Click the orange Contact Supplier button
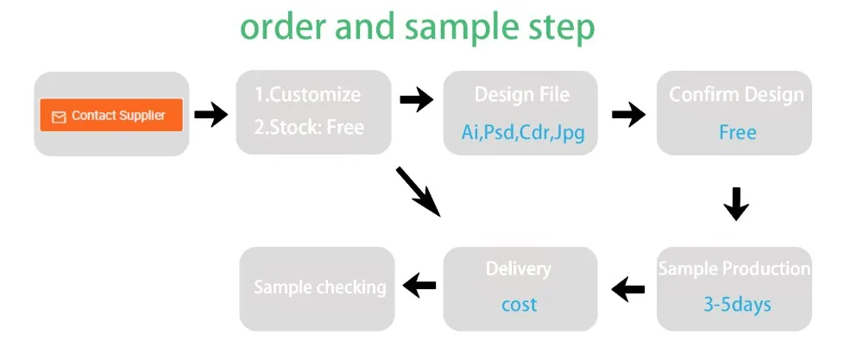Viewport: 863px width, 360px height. [111, 115]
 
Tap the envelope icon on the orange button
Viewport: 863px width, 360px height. [59, 117]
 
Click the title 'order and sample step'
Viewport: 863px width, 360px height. [418, 27]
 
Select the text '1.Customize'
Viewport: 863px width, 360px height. [307, 94]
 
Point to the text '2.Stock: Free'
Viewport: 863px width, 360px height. [309, 127]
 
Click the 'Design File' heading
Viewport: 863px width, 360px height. [522, 94]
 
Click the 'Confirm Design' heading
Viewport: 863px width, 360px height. [736, 94]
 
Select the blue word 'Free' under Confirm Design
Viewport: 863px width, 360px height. [737, 132]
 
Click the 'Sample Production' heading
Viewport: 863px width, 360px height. [734, 268]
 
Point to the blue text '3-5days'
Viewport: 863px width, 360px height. [736, 304]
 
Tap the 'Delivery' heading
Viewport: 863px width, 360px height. [518, 268]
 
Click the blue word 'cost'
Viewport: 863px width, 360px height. [519, 304]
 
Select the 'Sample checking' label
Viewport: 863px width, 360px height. [319, 287]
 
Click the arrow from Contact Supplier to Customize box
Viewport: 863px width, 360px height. [211, 114]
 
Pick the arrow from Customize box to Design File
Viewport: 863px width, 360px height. [417, 100]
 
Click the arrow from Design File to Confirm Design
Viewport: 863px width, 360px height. [628, 113]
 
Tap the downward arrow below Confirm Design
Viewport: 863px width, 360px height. [735, 205]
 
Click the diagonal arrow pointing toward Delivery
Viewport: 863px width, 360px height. [418, 191]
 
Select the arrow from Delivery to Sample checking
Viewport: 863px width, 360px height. [419, 285]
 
